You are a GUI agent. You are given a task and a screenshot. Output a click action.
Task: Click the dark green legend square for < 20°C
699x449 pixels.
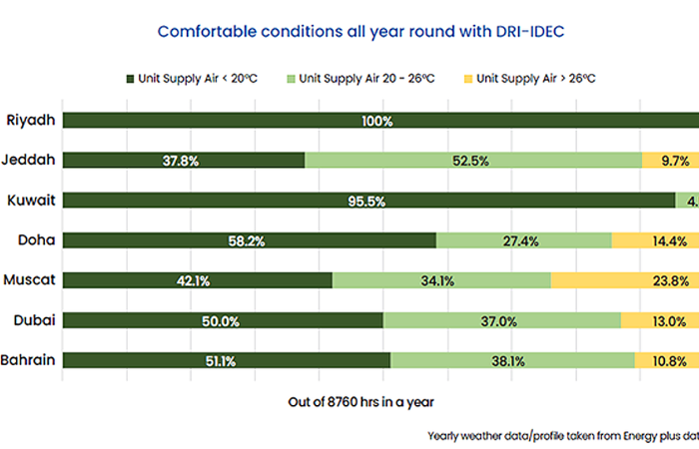pos(130,78)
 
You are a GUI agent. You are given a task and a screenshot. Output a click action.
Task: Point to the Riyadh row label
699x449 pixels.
pos(31,121)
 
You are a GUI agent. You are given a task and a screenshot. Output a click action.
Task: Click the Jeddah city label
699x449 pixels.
pos(31,160)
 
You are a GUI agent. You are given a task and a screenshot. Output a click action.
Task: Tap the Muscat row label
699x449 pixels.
pos(30,280)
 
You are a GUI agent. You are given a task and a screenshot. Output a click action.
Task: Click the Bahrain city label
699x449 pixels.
pos(29,360)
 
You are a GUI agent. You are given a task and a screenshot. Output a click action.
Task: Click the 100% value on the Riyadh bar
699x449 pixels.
pos(377,121)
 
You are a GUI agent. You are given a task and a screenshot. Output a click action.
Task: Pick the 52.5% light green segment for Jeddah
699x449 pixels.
pos(472,161)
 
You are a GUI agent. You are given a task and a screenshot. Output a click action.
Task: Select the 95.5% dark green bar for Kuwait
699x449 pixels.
pos(369,201)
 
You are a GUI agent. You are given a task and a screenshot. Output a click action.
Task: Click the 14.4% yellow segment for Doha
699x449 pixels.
pos(655,240)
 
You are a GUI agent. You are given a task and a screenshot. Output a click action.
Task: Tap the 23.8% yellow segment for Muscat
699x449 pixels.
pos(625,280)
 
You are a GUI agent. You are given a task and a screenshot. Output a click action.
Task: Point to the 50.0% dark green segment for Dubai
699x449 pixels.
pos(223,320)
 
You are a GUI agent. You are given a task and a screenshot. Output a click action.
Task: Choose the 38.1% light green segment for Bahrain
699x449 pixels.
pos(512,360)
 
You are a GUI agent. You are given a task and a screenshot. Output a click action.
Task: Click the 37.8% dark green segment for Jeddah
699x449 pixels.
pos(184,161)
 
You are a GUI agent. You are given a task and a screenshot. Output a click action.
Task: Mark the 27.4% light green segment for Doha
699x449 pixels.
pos(523,240)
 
